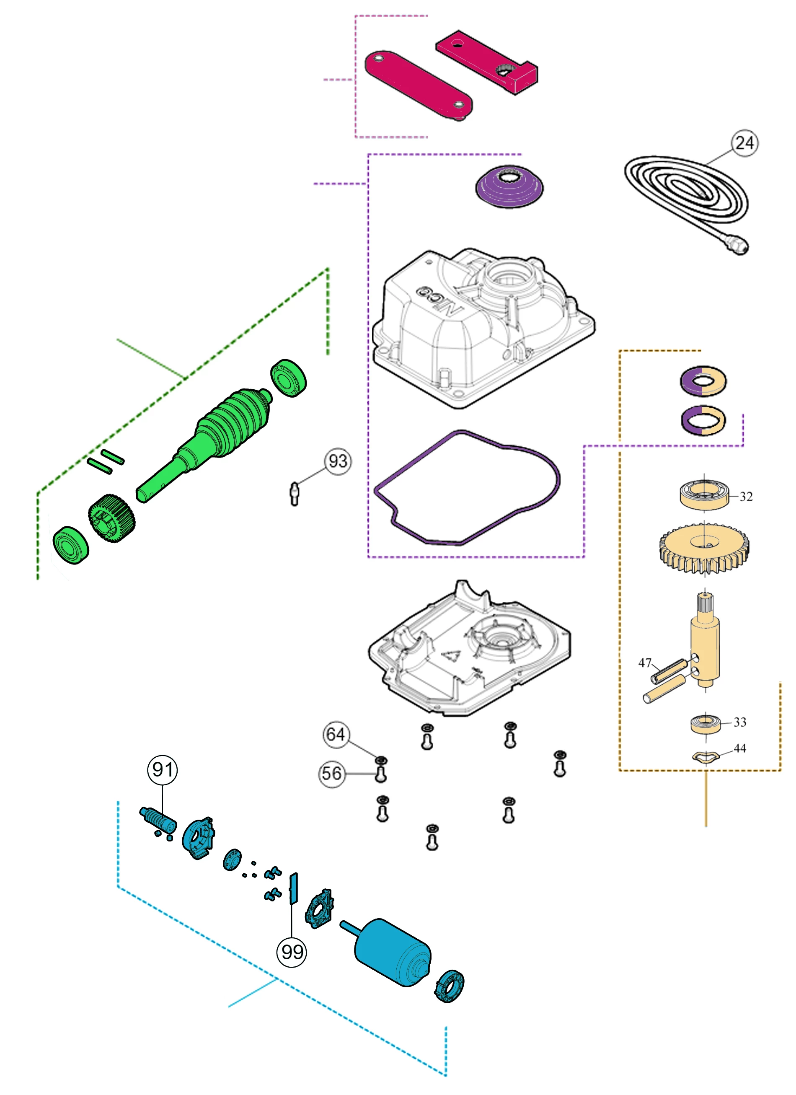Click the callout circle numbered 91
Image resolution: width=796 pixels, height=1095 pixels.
pos(162,769)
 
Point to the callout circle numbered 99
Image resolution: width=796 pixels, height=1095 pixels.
pos(292,952)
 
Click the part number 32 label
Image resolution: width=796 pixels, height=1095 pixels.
pos(746,496)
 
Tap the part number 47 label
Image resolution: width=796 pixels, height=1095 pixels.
pos(645,663)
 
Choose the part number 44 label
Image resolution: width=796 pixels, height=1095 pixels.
pos(739,748)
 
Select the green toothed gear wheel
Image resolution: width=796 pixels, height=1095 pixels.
pos(111,518)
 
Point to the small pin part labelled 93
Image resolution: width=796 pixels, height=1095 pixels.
pos(295,493)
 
